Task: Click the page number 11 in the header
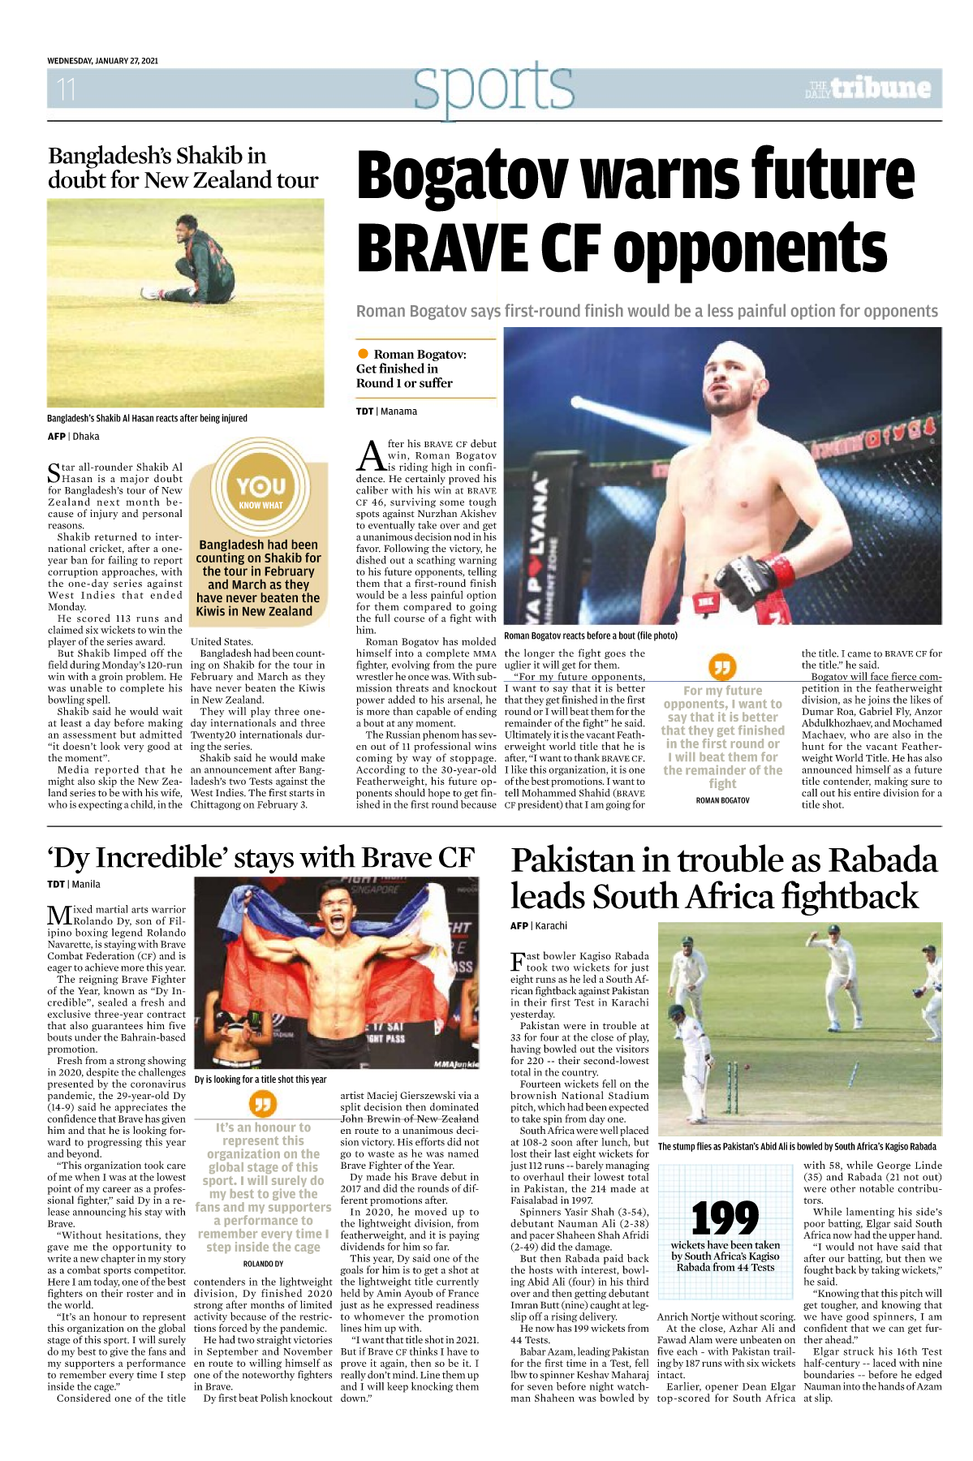(x=66, y=88)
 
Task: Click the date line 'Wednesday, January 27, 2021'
(x=102, y=61)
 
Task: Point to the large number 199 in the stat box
(x=725, y=1217)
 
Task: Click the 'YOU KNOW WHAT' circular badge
(x=260, y=490)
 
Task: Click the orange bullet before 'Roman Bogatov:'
(x=363, y=354)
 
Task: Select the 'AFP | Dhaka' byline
(x=73, y=437)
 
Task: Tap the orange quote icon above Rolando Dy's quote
(x=262, y=1104)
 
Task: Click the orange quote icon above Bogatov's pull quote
(x=721, y=667)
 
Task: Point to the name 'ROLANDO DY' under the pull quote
(x=263, y=1264)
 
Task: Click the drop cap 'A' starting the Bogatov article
(x=371, y=456)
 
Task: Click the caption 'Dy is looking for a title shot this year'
(x=260, y=1080)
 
